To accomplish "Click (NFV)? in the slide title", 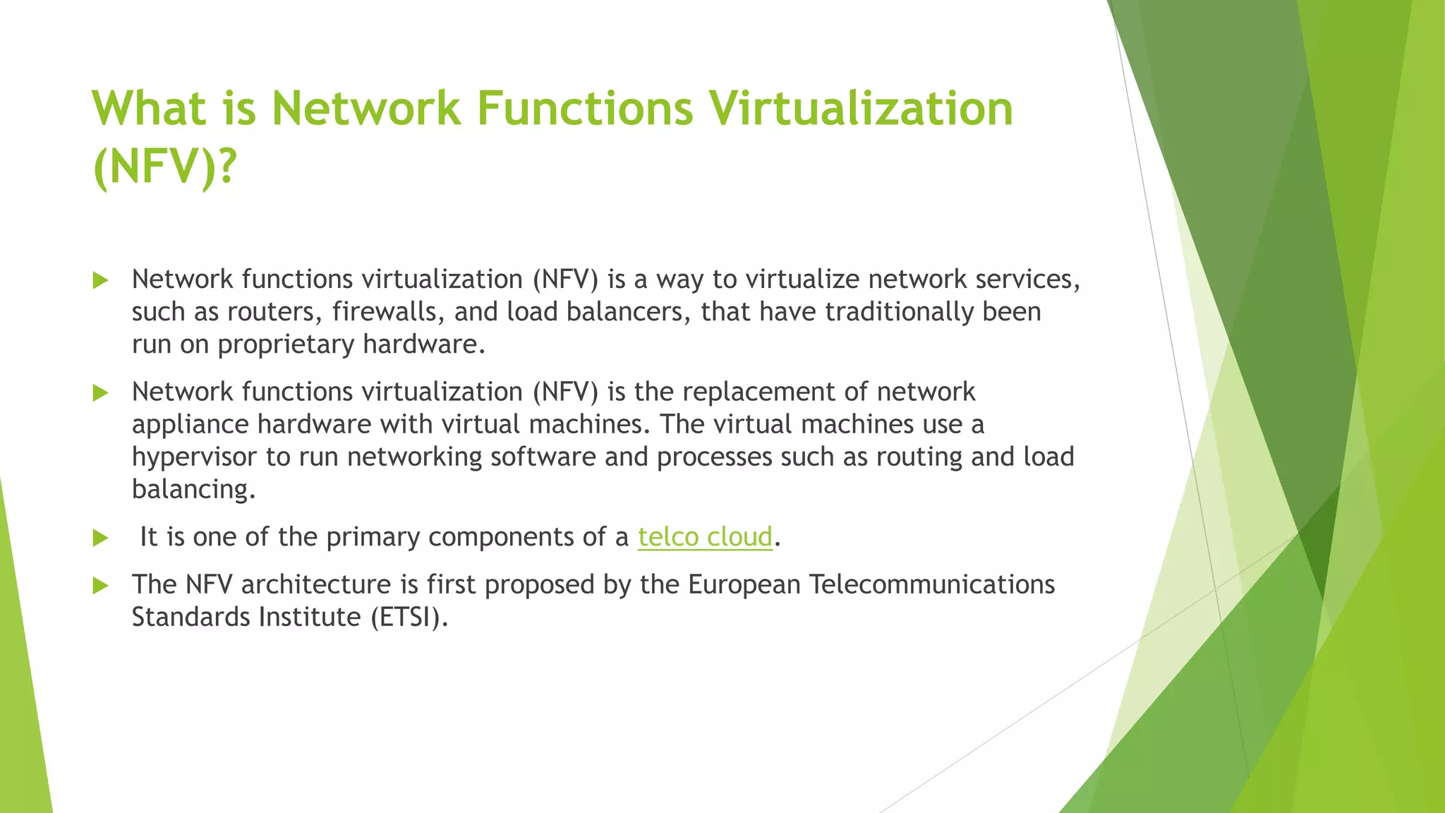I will pos(164,167).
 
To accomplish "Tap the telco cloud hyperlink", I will pos(705,537).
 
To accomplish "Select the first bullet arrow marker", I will pos(100,280).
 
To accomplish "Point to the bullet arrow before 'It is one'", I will pos(100,538).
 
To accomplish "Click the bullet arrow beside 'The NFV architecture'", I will pos(100,585).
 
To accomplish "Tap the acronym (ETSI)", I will pos(409,618).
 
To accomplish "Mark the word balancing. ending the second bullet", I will pos(193,489).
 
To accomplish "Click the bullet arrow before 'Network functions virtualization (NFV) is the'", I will pos(100,392).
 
